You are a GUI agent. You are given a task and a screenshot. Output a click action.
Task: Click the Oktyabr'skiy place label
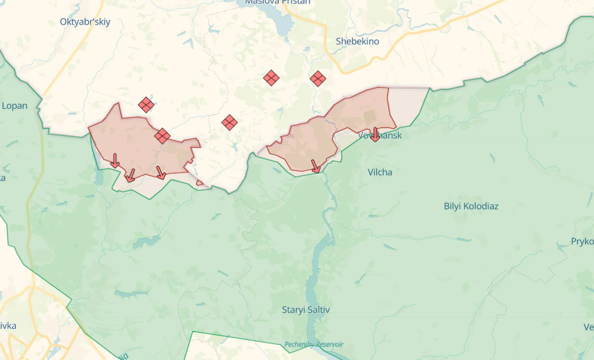(x=85, y=22)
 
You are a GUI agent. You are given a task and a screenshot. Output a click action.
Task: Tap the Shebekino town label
(x=358, y=41)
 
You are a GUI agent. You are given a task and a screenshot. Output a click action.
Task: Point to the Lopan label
(x=14, y=105)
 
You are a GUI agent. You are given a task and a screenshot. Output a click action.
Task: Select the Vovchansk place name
(x=380, y=136)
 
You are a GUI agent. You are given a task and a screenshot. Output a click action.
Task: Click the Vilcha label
(x=380, y=172)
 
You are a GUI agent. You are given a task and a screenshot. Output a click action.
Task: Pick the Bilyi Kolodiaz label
(x=471, y=206)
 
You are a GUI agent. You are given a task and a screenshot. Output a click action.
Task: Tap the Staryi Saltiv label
(x=306, y=310)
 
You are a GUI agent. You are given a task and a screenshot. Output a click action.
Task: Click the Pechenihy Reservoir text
(x=314, y=345)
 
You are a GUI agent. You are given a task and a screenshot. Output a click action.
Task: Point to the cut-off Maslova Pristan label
(x=277, y=2)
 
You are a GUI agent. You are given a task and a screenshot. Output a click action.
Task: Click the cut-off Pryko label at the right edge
(x=582, y=242)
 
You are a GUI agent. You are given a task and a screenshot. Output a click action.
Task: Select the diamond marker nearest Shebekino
(x=318, y=79)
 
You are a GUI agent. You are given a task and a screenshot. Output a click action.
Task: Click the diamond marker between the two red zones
(x=229, y=122)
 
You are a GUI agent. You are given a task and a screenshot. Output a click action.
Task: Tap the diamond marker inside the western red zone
(x=162, y=136)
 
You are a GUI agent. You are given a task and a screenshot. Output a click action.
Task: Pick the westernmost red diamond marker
(x=146, y=105)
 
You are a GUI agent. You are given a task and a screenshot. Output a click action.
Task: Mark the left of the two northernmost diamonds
(x=272, y=78)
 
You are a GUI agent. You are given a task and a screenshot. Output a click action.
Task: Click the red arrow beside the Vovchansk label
(x=375, y=135)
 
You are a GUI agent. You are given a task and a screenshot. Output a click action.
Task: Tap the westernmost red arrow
(x=115, y=161)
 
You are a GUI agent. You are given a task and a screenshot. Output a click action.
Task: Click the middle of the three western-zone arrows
(x=130, y=175)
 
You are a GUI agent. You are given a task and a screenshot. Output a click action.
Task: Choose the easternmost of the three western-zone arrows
(x=161, y=173)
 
